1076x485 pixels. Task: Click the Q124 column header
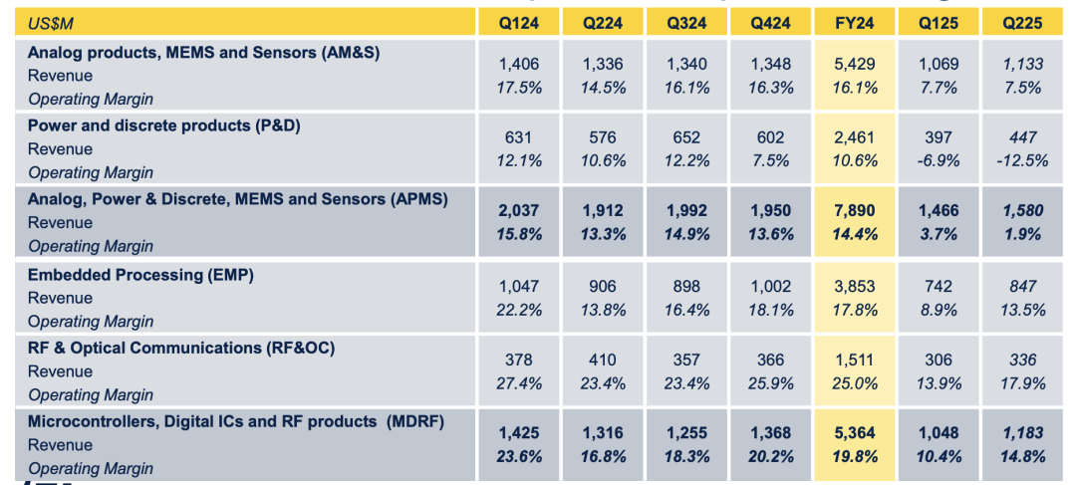[x=518, y=22]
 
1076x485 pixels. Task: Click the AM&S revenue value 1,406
[x=518, y=65]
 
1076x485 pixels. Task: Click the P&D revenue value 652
[x=686, y=138]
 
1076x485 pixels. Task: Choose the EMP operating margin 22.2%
[x=518, y=310]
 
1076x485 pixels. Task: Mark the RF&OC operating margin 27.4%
[x=518, y=383]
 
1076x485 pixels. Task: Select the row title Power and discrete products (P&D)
[x=163, y=125]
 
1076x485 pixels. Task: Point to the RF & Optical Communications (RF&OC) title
[x=180, y=348]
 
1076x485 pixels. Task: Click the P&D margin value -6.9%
[x=939, y=161]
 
